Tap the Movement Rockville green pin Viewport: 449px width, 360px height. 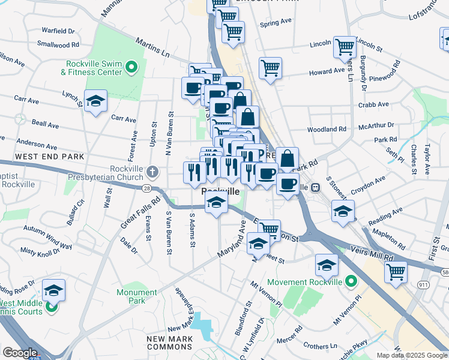[x=351, y=281]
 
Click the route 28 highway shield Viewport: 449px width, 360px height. [x=146, y=188]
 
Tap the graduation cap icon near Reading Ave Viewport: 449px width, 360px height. [x=343, y=212]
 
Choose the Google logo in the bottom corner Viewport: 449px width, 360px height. [x=20, y=353]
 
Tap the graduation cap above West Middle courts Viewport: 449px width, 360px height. [x=53, y=290]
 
